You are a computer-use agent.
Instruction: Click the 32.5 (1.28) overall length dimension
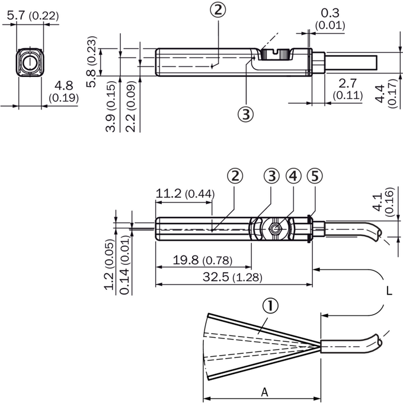[232, 277]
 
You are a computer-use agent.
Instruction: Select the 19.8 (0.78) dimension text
[202, 260]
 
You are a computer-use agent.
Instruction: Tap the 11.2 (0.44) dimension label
[185, 194]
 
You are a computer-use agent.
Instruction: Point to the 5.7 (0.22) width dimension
[33, 16]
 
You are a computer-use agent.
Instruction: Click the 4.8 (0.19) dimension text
[63, 92]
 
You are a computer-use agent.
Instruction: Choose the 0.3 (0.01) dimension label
[330, 19]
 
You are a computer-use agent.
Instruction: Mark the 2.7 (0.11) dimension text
[348, 89]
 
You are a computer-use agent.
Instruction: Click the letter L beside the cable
[389, 291]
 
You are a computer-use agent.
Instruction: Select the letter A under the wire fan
[265, 392]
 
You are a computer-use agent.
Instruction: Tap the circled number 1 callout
[270, 306]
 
